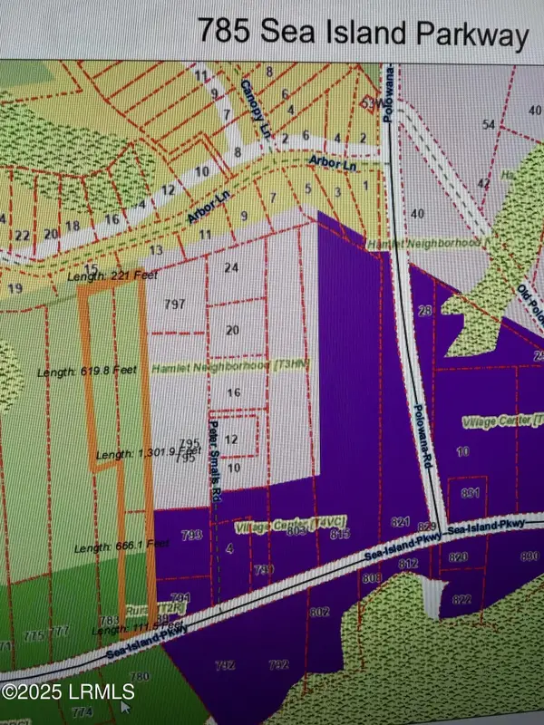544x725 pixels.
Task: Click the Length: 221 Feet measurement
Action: [106, 275]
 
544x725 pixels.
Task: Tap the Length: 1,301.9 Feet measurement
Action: [148, 451]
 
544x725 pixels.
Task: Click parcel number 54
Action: [490, 123]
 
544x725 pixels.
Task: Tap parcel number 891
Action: [469, 493]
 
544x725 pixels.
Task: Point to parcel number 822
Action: [461, 599]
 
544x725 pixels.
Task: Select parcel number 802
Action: [319, 613]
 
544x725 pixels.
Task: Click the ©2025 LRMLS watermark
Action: [69, 692]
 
